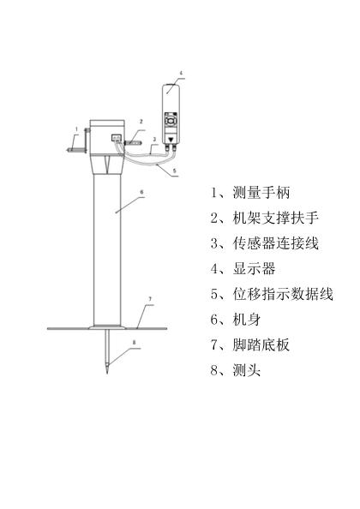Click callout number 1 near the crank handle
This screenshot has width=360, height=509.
click(x=76, y=129)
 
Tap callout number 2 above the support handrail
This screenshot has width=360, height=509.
click(x=141, y=122)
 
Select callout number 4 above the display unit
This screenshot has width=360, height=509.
click(x=181, y=73)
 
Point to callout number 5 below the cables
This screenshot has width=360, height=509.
click(x=174, y=171)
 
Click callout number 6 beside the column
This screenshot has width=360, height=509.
click(x=141, y=192)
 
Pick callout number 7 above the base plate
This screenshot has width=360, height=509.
click(x=150, y=299)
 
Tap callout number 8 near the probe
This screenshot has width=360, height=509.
click(x=134, y=342)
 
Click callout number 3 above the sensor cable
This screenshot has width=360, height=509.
click(x=154, y=140)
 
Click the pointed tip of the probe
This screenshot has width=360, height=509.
click(x=107, y=374)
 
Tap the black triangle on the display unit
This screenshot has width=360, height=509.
click(x=171, y=140)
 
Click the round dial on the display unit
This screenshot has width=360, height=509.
click(x=171, y=121)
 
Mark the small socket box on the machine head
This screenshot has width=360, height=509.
click(x=117, y=138)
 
